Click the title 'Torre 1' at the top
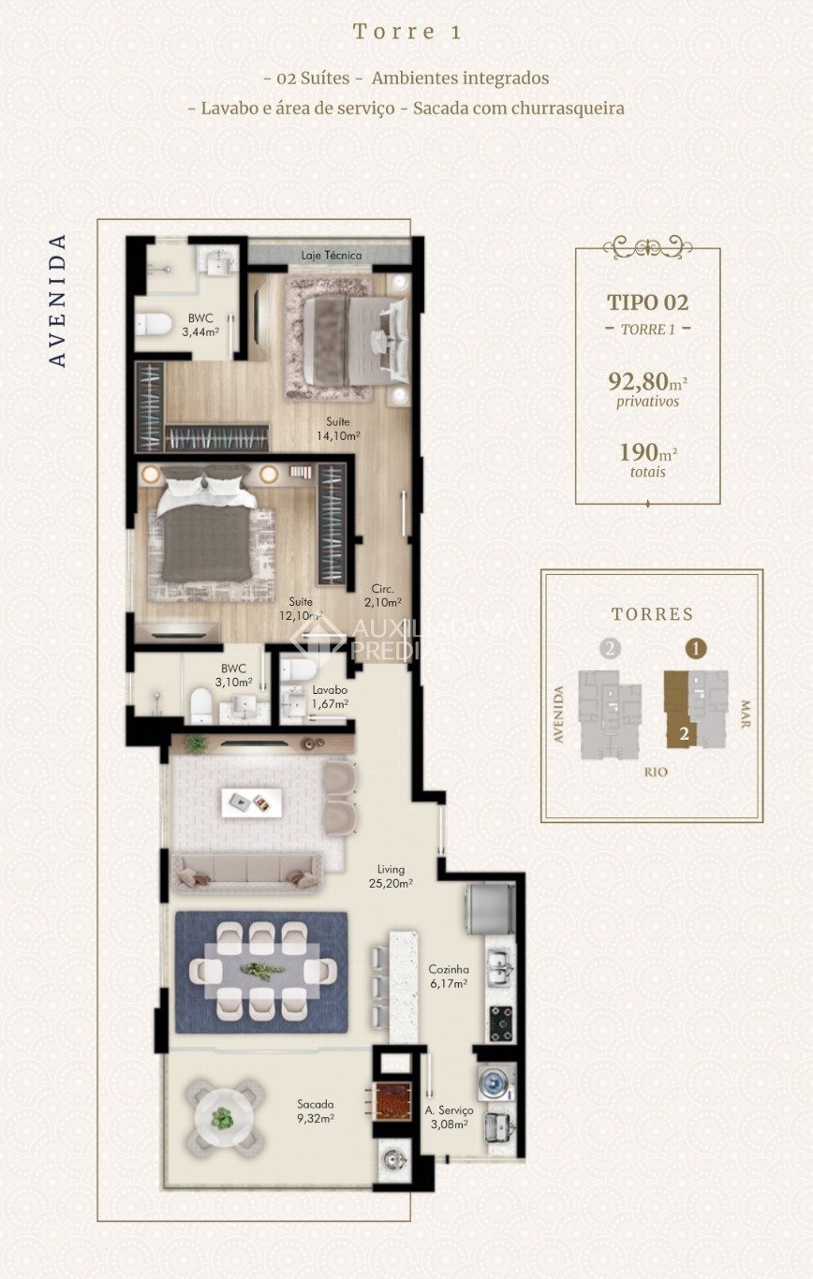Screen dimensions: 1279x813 (406, 32)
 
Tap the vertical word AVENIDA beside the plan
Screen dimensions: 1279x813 (58, 300)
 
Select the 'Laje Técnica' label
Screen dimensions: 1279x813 (331, 255)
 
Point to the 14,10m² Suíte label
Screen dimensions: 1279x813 (337, 428)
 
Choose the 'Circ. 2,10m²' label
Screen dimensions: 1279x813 (382, 596)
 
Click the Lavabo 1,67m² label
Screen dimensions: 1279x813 (330, 697)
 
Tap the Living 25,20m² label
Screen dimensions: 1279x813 (391, 875)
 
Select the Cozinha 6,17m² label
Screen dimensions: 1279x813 (449, 977)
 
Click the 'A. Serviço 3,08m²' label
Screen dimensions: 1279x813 (448, 1116)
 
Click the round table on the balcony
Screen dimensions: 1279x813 (223, 1117)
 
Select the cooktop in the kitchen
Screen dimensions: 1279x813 (500, 1022)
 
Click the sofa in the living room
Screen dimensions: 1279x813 (246, 872)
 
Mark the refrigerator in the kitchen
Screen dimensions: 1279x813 (491, 908)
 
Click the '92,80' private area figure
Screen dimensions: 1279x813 (640, 381)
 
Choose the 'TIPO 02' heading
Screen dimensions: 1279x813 (647, 302)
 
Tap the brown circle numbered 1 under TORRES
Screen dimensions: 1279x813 (696, 648)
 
